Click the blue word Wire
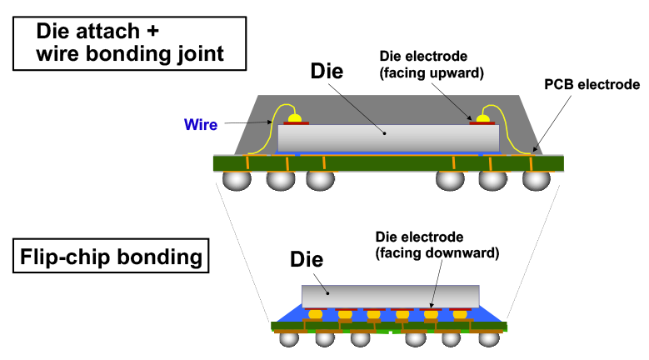point(201,125)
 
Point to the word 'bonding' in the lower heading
point(159,257)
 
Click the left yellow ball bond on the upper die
point(295,119)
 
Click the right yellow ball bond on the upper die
point(482,119)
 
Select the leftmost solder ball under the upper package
point(237,180)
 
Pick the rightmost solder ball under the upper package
point(536,180)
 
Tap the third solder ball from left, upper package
point(320,180)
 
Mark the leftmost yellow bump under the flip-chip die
point(316,314)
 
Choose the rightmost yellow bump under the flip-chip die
point(460,314)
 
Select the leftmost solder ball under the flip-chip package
point(289,338)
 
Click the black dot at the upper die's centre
point(384,132)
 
